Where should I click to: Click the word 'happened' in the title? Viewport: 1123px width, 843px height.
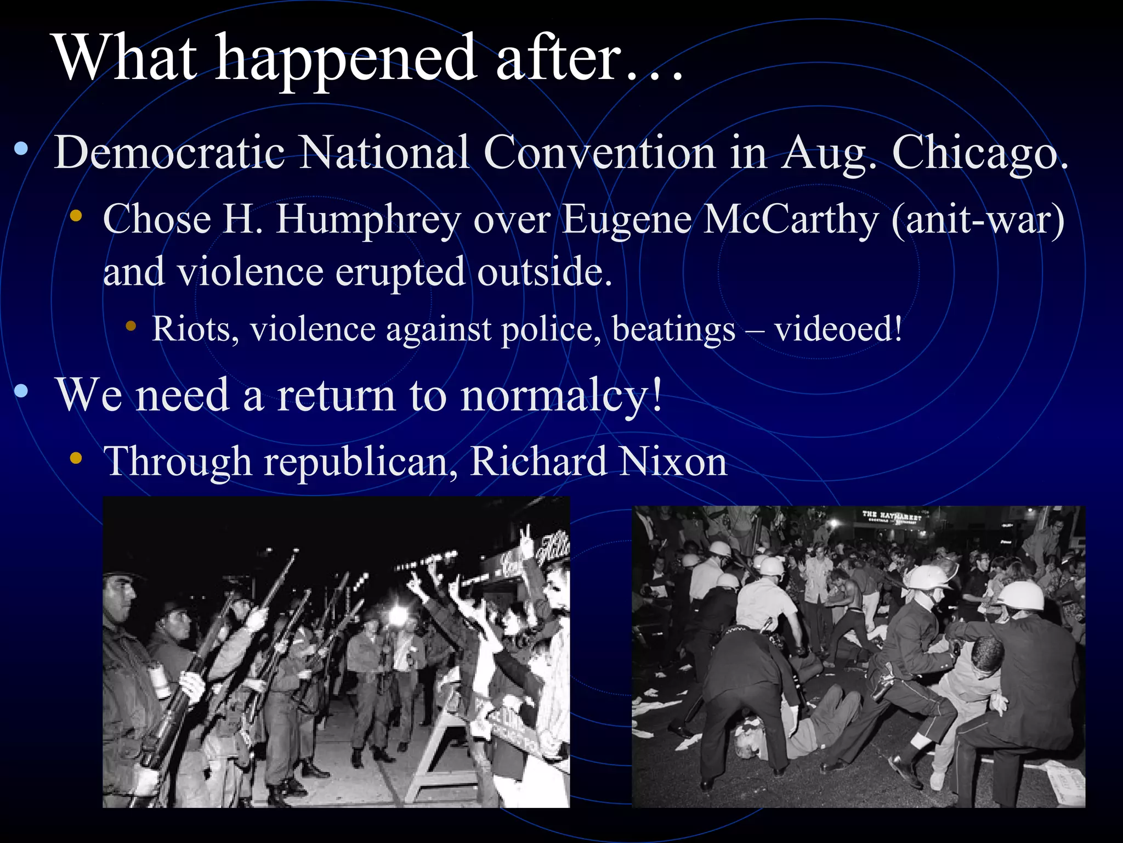[345, 59]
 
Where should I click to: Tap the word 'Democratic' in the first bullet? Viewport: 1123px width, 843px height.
[169, 152]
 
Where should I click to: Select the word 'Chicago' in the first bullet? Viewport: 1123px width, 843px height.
[979, 152]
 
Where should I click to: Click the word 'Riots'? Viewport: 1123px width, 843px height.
[195, 329]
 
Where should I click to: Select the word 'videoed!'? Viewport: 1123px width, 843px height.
[838, 329]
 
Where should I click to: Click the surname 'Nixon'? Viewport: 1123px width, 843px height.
[673, 462]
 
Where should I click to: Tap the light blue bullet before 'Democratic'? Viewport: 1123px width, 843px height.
[21, 149]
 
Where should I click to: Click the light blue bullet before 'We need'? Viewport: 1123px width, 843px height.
[21, 391]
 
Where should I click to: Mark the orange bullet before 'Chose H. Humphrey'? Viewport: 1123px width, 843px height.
[76, 216]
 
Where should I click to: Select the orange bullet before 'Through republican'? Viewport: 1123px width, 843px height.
[76, 457]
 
